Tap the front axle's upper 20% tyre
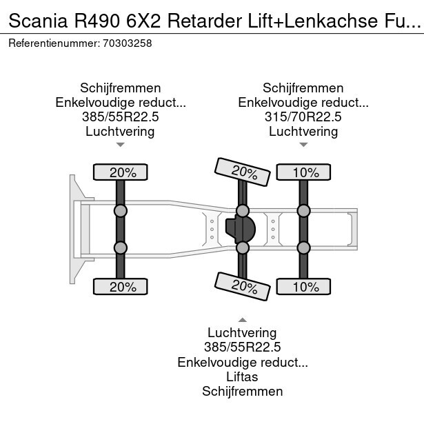[x=120, y=172]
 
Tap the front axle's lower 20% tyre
[x=120, y=286]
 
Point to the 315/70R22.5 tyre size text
[x=303, y=117]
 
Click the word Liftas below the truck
[x=242, y=376]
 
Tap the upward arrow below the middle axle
[x=242, y=320]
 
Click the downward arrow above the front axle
[x=120, y=145]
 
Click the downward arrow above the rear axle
[x=303, y=145]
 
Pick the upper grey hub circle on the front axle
[x=120, y=210]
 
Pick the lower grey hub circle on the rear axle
[x=303, y=248]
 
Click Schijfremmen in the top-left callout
[x=120, y=88]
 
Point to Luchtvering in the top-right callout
[x=303, y=131]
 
